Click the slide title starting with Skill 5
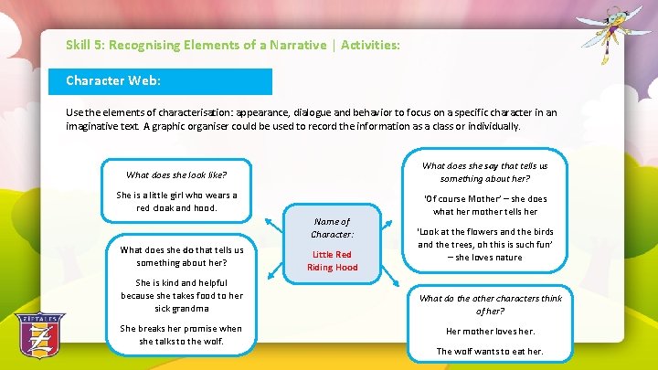point(232,44)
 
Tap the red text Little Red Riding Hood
point(332,260)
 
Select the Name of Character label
point(332,227)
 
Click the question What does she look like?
point(176,174)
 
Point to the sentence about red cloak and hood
point(176,201)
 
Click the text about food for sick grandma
point(182,295)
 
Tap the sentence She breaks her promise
point(182,334)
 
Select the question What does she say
point(485,172)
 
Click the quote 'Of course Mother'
point(485,205)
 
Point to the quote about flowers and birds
point(485,245)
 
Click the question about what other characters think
point(491,304)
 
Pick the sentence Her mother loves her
point(490,331)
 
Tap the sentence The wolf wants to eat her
point(490,351)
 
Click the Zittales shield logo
point(39,339)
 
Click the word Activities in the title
point(369,44)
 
